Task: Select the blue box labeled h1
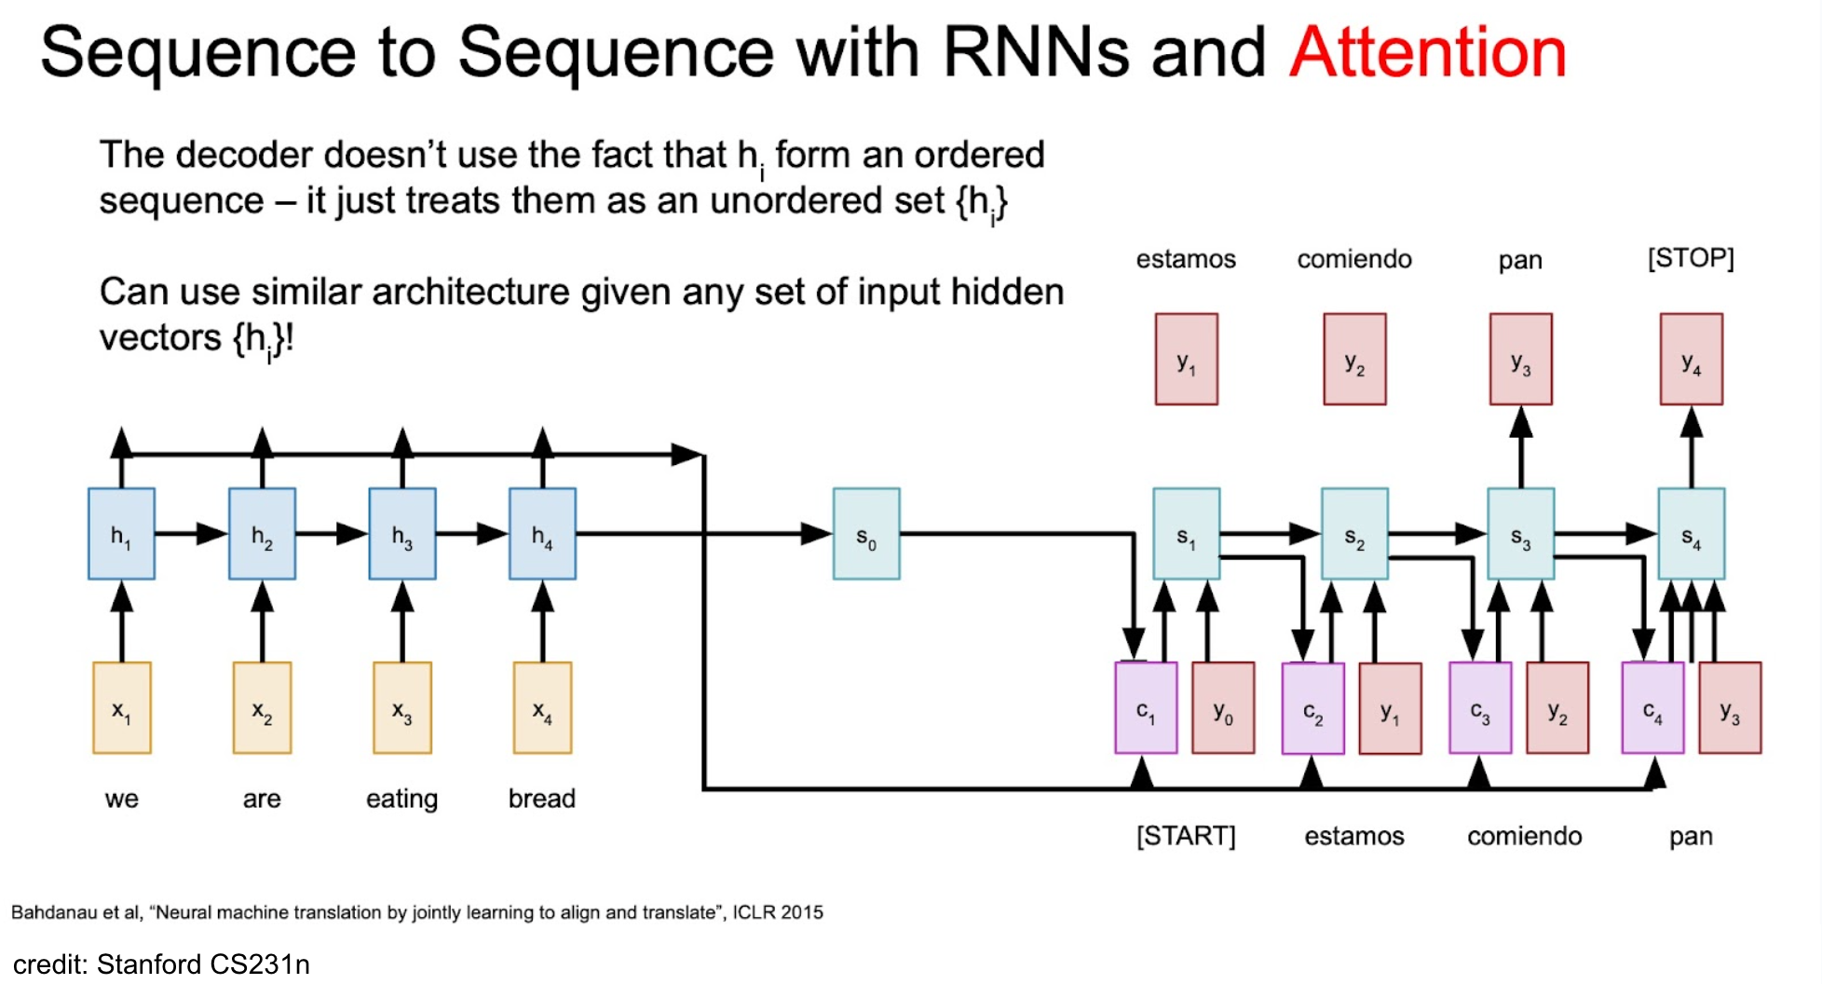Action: coord(121,534)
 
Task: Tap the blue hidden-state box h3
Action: coord(402,534)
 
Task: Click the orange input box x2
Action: coord(262,708)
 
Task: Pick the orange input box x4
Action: coord(543,708)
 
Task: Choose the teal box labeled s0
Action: coord(866,534)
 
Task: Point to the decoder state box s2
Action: coord(1354,534)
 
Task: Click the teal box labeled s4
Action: coord(1692,534)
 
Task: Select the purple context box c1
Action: coord(1146,708)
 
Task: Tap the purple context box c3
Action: coord(1480,708)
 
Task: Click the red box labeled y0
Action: coord(1223,708)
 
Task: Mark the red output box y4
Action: coord(1692,359)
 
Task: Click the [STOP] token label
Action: coord(1691,258)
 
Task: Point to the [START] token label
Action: coord(1186,836)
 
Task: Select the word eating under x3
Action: coord(401,799)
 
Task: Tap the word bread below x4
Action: coord(542,799)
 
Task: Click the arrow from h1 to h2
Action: coord(192,534)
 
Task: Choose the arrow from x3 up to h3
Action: coord(402,622)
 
